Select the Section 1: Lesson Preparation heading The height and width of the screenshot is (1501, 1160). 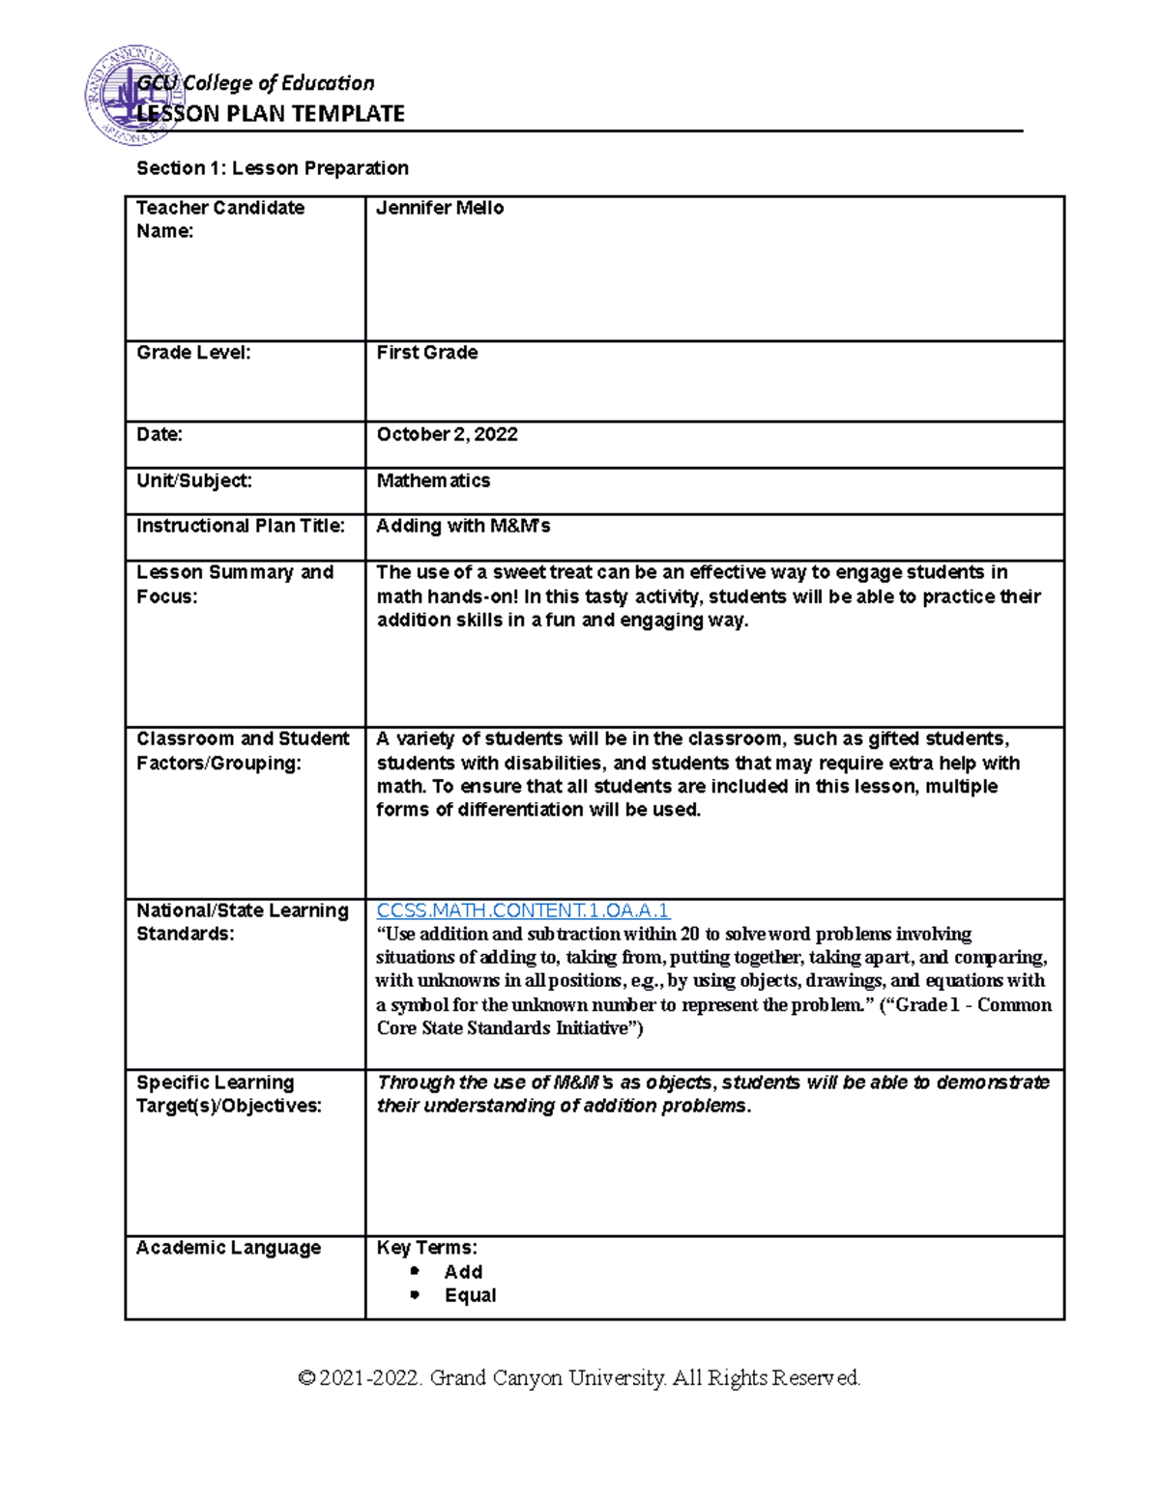click(273, 168)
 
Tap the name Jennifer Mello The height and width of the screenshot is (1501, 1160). click(440, 208)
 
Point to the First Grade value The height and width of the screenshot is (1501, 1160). click(427, 353)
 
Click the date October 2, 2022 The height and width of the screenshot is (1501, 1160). click(447, 435)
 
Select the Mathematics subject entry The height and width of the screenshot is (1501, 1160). click(433, 480)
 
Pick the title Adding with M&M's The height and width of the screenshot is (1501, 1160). click(463, 526)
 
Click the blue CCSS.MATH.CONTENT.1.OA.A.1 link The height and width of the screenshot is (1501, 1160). click(523, 910)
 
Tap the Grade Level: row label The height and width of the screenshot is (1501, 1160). click(193, 353)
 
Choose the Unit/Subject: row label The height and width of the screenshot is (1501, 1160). click(193, 480)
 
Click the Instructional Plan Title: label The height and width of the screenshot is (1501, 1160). click(240, 526)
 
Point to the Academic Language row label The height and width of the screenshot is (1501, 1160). click(228, 1248)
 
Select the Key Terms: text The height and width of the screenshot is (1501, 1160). click(426, 1248)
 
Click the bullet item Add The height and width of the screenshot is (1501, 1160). click(463, 1272)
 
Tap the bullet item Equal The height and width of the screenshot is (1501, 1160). click(470, 1295)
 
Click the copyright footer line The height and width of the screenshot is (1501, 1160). click(579, 1377)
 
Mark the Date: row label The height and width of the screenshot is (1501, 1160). click(159, 435)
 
